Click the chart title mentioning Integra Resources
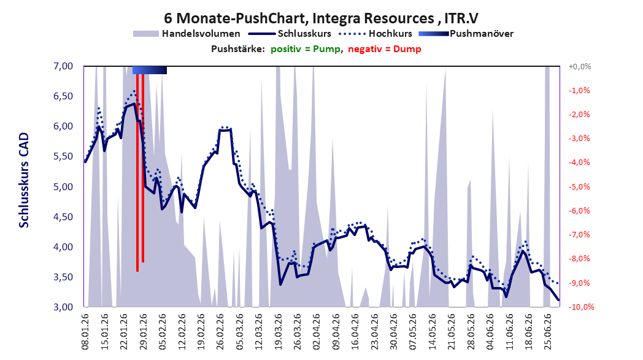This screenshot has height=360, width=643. (x=321, y=18)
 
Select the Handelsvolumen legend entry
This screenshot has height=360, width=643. (x=187, y=34)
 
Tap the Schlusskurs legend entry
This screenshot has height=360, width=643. (x=290, y=34)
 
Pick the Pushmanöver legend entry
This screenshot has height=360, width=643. (x=466, y=34)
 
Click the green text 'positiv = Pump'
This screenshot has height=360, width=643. (x=306, y=49)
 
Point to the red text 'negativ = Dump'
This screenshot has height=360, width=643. (x=385, y=49)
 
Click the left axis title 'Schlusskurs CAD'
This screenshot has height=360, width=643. (x=24, y=180)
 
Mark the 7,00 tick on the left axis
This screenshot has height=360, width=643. (x=63, y=66)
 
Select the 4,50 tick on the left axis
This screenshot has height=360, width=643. (x=63, y=216)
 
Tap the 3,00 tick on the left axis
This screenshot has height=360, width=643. (x=63, y=307)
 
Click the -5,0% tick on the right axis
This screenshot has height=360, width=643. (x=579, y=186)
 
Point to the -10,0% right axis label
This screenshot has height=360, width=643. (x=581, y=307)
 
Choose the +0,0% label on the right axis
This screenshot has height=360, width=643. (x=580, y=66)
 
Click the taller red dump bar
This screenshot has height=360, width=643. (x=137, y=172)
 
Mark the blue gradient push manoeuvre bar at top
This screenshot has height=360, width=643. (x=150, y=70)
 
